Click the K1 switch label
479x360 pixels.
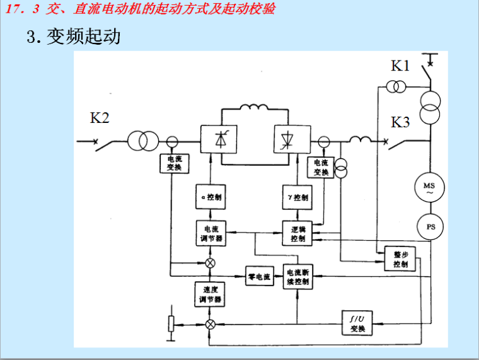point(401,66)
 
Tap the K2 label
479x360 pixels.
point(100,119)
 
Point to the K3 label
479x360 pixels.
point(401,122)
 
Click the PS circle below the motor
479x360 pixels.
point(429,226)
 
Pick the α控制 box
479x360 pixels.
point(211,197)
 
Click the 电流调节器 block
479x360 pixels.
point(211,233)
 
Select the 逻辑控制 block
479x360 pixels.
point(297,233)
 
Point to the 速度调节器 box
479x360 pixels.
point(211,294)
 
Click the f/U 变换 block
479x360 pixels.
point(357,323)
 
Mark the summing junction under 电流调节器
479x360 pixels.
point(211,262)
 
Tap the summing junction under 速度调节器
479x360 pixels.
point(211,324)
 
